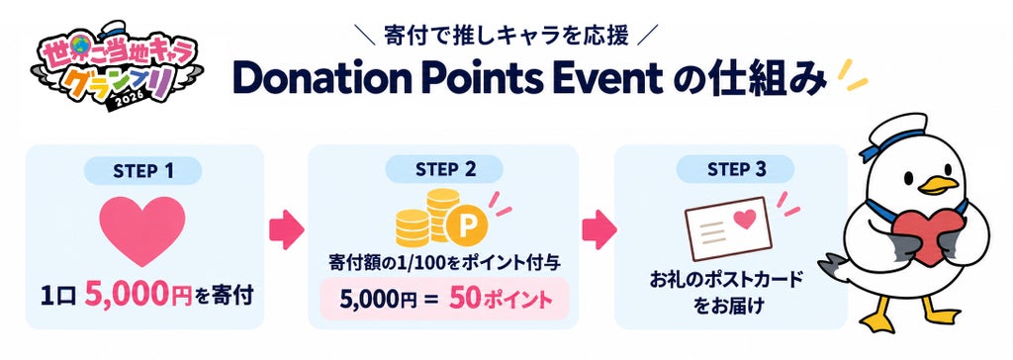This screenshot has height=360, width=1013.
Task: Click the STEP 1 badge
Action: click(142, 171)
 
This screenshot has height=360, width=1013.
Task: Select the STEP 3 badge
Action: click(734, 170)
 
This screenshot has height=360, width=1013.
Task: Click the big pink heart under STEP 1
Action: click(142, 229)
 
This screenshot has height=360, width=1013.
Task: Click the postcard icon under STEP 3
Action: click(728, 228)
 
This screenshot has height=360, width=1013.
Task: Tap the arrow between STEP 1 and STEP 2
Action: click(286, 229)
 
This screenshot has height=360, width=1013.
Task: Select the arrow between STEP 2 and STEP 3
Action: click(599, 229)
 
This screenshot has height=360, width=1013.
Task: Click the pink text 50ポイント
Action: click(502, 300)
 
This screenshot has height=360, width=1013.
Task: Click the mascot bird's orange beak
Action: click(939, 185)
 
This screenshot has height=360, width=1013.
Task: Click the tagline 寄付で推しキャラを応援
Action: click(506, 37)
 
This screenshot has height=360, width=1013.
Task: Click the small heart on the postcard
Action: click(745, 220)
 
